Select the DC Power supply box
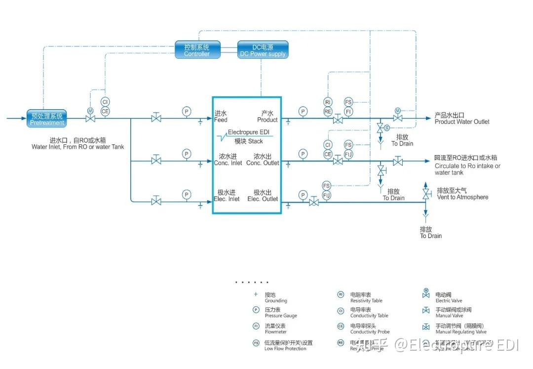pyautogui.click(x=263, y=50)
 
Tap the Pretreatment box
pyautogui.click(x=46, y=119)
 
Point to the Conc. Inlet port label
pyautogui.click(x=228, y=160)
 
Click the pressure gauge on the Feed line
pyautogui.click(x=186, y=111)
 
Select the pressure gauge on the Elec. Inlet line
pyautogui.click(x=186, y=195)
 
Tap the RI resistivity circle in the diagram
pyautogui.click(x=328, y=102)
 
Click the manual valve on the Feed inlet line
pyautogui.click(x=156, y=119)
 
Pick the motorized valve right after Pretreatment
pyautogui.click(x=90, y=118)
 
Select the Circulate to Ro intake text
pyautogui.click(x=467, y=166)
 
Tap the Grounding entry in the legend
pyautogui.click(x=275, y=298)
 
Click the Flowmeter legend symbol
pyautogui.click(x=256, y=326)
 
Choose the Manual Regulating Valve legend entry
pyautogui.click(x=454, y=329)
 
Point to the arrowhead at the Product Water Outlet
pyautogui.click(x=428, y=119)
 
